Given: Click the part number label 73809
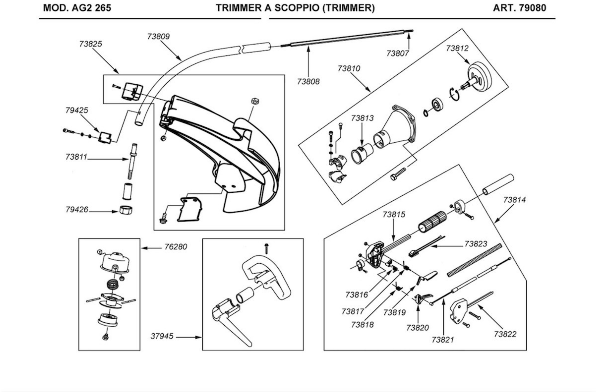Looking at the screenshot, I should (158, 37).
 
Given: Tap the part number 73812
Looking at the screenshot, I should (457, 48).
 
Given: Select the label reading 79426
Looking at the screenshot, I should (77, 210).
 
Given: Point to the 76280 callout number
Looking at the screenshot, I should (176, 247).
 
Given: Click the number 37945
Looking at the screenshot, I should (162, 336).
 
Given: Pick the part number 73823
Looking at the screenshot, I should (476, 244).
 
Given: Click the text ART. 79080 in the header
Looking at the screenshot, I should (520, 8).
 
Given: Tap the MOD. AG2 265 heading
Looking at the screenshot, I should (77, 8).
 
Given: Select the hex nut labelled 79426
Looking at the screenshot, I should (126, 210).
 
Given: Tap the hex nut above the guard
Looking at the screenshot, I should (255, 101).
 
